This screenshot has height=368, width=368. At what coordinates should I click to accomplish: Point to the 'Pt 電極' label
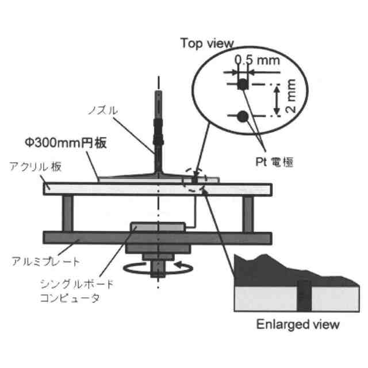coord(274,162)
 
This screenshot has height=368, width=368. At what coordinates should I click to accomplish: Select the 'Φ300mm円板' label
coord(64,143)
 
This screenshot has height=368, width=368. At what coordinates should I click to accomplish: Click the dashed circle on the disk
coord(194,179)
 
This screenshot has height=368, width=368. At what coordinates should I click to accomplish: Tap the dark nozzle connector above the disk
coord(158,133)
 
